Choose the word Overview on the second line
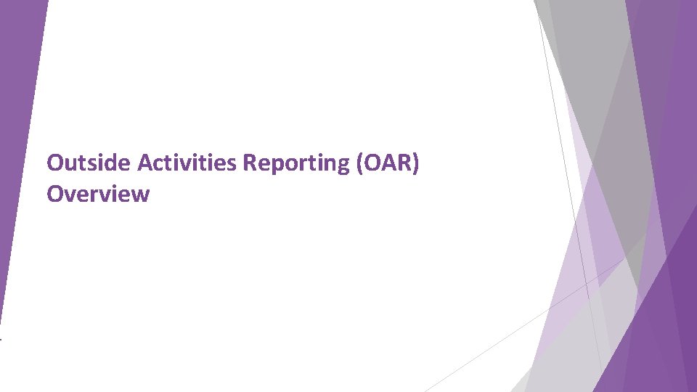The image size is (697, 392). point(98,194)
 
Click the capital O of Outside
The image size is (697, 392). point(54,163)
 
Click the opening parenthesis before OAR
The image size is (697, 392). point(360,164)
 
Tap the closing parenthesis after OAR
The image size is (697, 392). point(416,164)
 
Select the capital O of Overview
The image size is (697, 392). point(54,194)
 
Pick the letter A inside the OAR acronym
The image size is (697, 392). point(388,163)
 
